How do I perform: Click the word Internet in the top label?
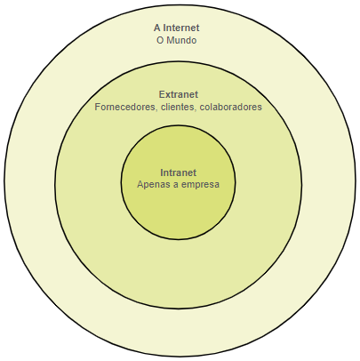[x=181, y=28]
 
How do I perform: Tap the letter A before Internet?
[x=157, y=28]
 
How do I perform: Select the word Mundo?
[x=181, y=40]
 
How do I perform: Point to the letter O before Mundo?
[x=160, y=40]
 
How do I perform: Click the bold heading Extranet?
[x=179, y=94]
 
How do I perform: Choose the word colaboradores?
[x=231, y=107]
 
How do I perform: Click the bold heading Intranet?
[x=179, y=172]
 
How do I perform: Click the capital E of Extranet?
[x=162, y=94]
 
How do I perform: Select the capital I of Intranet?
[x=162, y=172]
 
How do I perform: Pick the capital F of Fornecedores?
[x=98, y=107]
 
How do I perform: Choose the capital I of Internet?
[x=165, y=28]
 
